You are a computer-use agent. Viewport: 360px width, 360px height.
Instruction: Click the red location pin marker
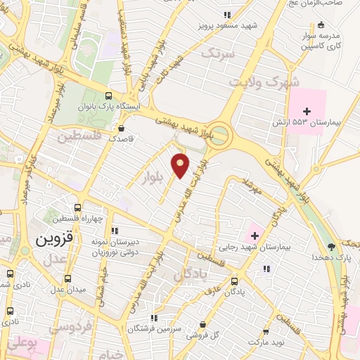click(x=181, y=165)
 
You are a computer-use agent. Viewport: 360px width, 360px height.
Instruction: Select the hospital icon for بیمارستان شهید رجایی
click(x=253, y=233)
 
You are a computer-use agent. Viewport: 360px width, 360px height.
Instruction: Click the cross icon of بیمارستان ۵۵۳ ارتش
click(x=307, y=111)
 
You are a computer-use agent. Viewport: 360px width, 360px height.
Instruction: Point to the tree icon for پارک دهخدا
click(x=331, y=247)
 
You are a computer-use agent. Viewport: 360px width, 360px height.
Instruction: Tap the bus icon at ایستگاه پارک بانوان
click(x=108, y=96)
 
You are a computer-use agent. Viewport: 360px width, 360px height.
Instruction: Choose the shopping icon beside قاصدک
click(x=122, y=129)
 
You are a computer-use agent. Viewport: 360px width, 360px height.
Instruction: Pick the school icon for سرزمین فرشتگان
click(x=153, y=318)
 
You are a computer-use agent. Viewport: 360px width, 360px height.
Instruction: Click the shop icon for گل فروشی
click(x=203, y=324)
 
